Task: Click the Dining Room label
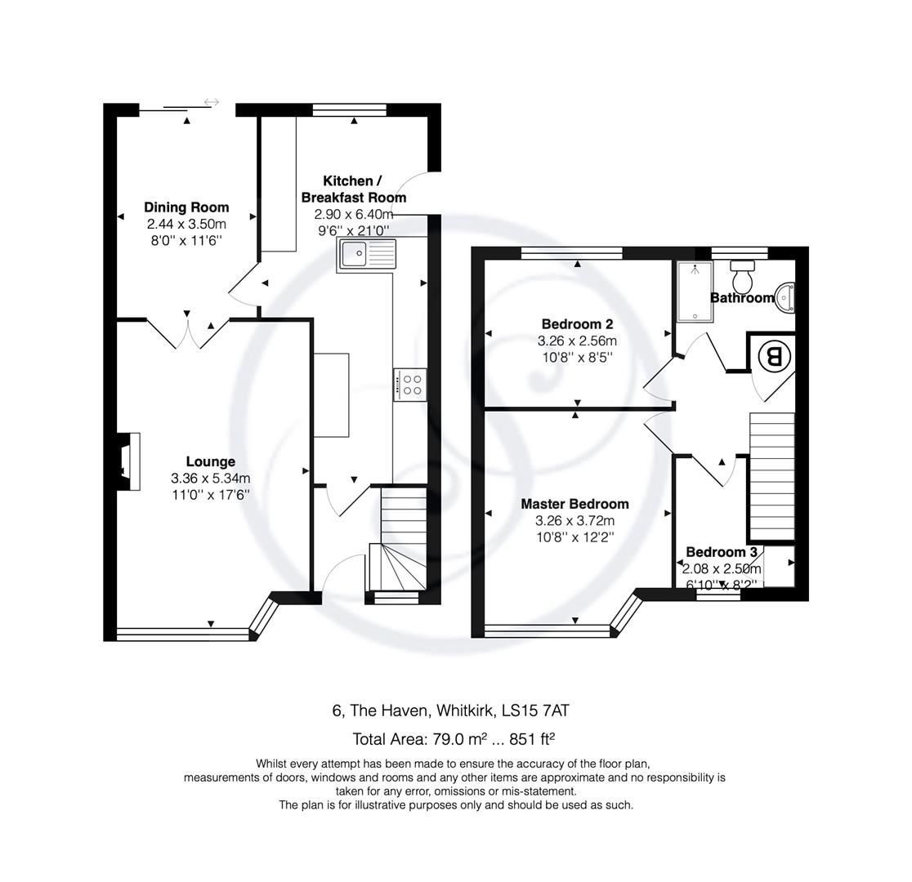tap(186, 207)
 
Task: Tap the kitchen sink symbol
tap(365, 254)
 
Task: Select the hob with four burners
tap(409, 385)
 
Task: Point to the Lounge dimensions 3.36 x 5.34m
tap(210, 479)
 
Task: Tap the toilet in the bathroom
tap(742, 278)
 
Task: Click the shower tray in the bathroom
tap(694, 291)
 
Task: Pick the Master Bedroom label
tap(574, 504)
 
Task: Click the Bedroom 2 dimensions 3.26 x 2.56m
tap(576, 341)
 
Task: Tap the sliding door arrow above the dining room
tap(211, 102)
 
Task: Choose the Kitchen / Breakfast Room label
tap(353, 189)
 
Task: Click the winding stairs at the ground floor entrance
tap(398, 565)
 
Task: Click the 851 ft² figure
tap(532, 740)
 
